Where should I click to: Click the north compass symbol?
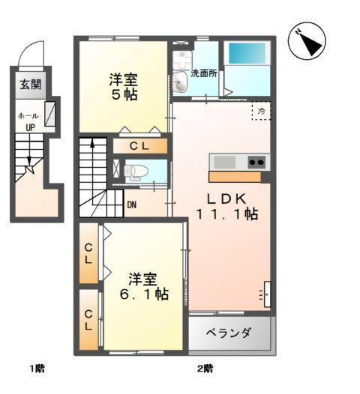307,41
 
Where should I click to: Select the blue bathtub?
248,53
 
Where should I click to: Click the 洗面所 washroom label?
203,74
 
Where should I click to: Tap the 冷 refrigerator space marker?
262,110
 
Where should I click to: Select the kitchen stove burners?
256,162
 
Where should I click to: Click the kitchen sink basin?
224,162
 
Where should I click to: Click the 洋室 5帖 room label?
121,87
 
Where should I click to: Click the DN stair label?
132,204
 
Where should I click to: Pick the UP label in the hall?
30,127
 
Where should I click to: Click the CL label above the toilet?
142,146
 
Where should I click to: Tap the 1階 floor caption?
37,368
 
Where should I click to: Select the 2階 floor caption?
204,368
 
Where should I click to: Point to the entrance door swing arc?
31,52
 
